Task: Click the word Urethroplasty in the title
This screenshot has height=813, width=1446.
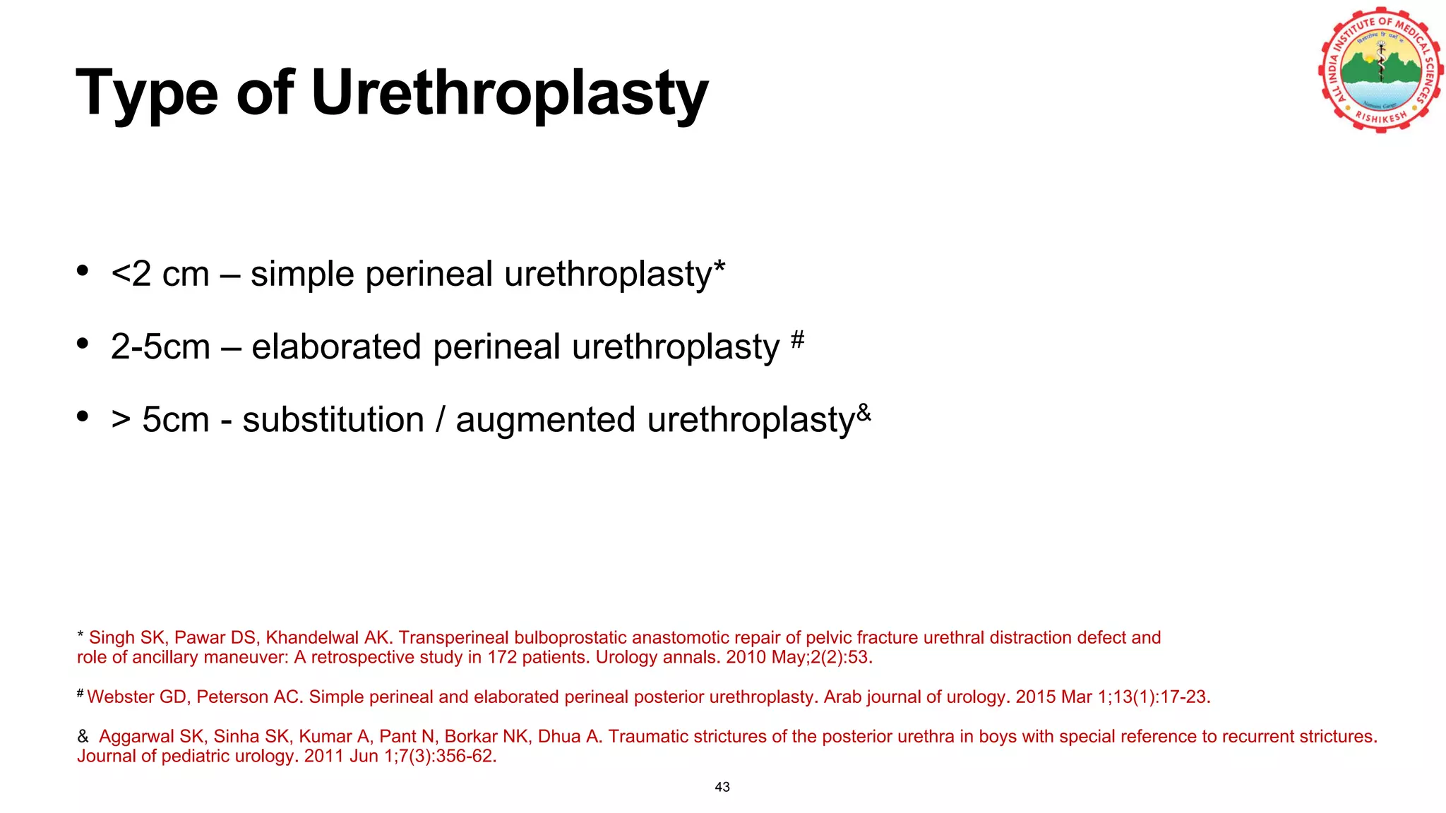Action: pos(509,93)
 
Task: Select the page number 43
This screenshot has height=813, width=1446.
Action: pos(722,787)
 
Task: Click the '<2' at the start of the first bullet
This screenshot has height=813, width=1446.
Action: pos(131,274)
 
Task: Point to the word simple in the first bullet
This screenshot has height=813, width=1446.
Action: pos(301,274)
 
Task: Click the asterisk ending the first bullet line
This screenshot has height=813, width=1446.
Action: pos(719,268)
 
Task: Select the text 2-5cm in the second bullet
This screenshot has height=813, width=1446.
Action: pos(160,347)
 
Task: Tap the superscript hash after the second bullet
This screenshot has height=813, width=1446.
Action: pos(797,339)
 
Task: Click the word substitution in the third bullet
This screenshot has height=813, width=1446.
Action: pos(333,420)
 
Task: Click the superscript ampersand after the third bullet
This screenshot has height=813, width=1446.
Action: pos(864,412)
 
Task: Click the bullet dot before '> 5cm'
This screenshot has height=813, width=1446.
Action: pos(83,416)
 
